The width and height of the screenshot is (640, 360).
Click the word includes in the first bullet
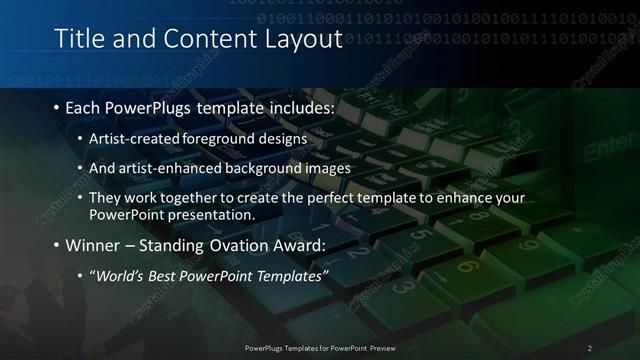point(299,106)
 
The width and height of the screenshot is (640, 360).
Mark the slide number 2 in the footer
point(590,348)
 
